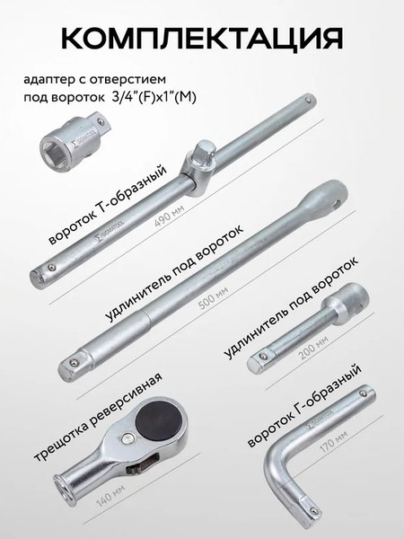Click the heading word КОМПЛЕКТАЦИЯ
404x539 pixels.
202,38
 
